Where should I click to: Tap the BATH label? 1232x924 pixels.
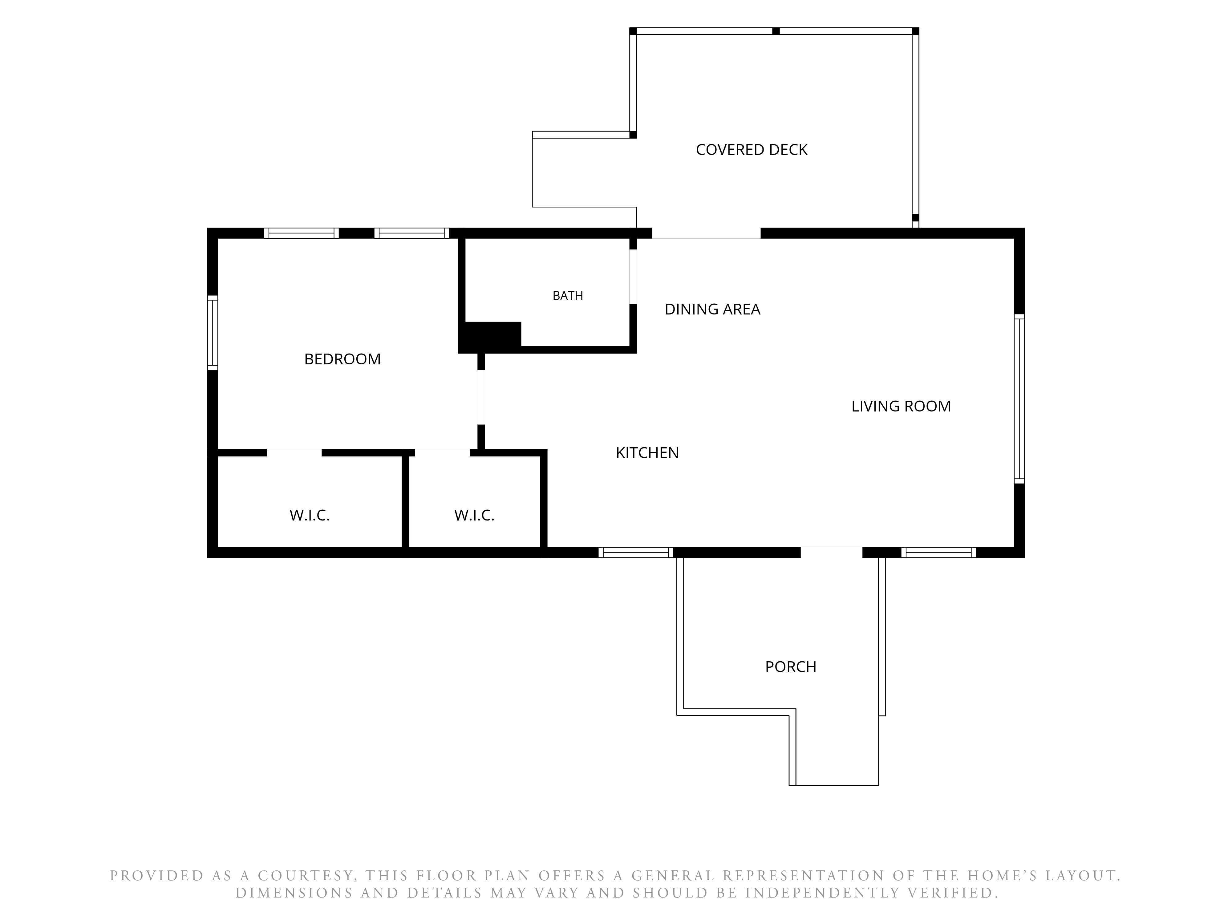(568, 296)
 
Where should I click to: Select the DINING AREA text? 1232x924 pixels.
(712, 309)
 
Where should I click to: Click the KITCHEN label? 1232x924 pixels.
(647, 453)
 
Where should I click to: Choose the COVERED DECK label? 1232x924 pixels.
(751, 150)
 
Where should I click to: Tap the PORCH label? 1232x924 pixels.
(790, 667)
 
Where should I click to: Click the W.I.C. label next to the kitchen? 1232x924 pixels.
(474, 515)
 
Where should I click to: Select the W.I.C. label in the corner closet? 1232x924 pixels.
(310, 515)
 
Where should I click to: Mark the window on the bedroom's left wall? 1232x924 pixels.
(212, 333)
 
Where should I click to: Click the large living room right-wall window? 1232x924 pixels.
(1019, 399)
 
